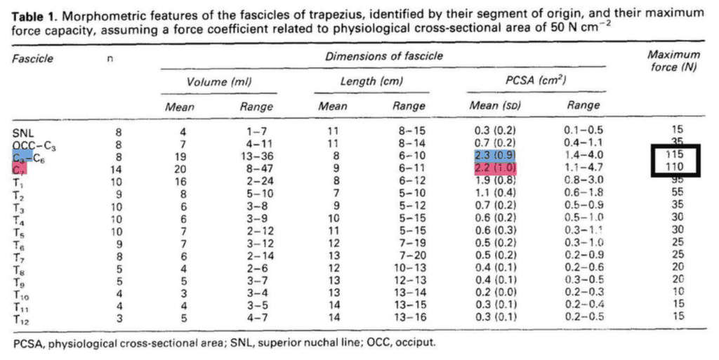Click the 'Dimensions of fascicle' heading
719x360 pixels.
383,55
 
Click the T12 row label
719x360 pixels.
23,319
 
